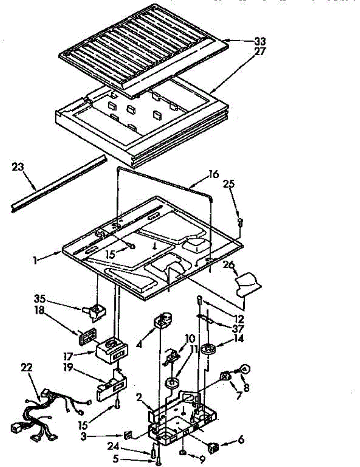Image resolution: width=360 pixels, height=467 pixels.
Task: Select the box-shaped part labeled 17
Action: tap(111, 348)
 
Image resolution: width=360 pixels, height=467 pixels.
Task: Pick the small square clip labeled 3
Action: tap(127, 435)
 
